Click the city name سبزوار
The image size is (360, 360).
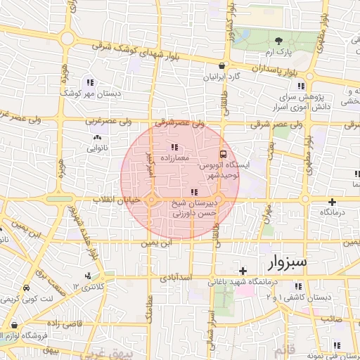coord(288,263)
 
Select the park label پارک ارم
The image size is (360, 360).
coord(279,52)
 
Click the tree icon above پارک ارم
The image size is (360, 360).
coord(279,40)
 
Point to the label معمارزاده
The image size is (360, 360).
coord(174,159)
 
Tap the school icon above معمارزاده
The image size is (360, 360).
coord(174,147)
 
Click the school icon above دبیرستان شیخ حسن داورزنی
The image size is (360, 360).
coord(194,192)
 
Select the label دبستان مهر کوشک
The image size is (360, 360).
coord(90,93)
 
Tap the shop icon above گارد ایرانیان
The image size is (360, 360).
coord(222,65)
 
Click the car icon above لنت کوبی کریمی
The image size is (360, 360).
coord(26,288)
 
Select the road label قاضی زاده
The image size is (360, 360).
coord(65,324)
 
